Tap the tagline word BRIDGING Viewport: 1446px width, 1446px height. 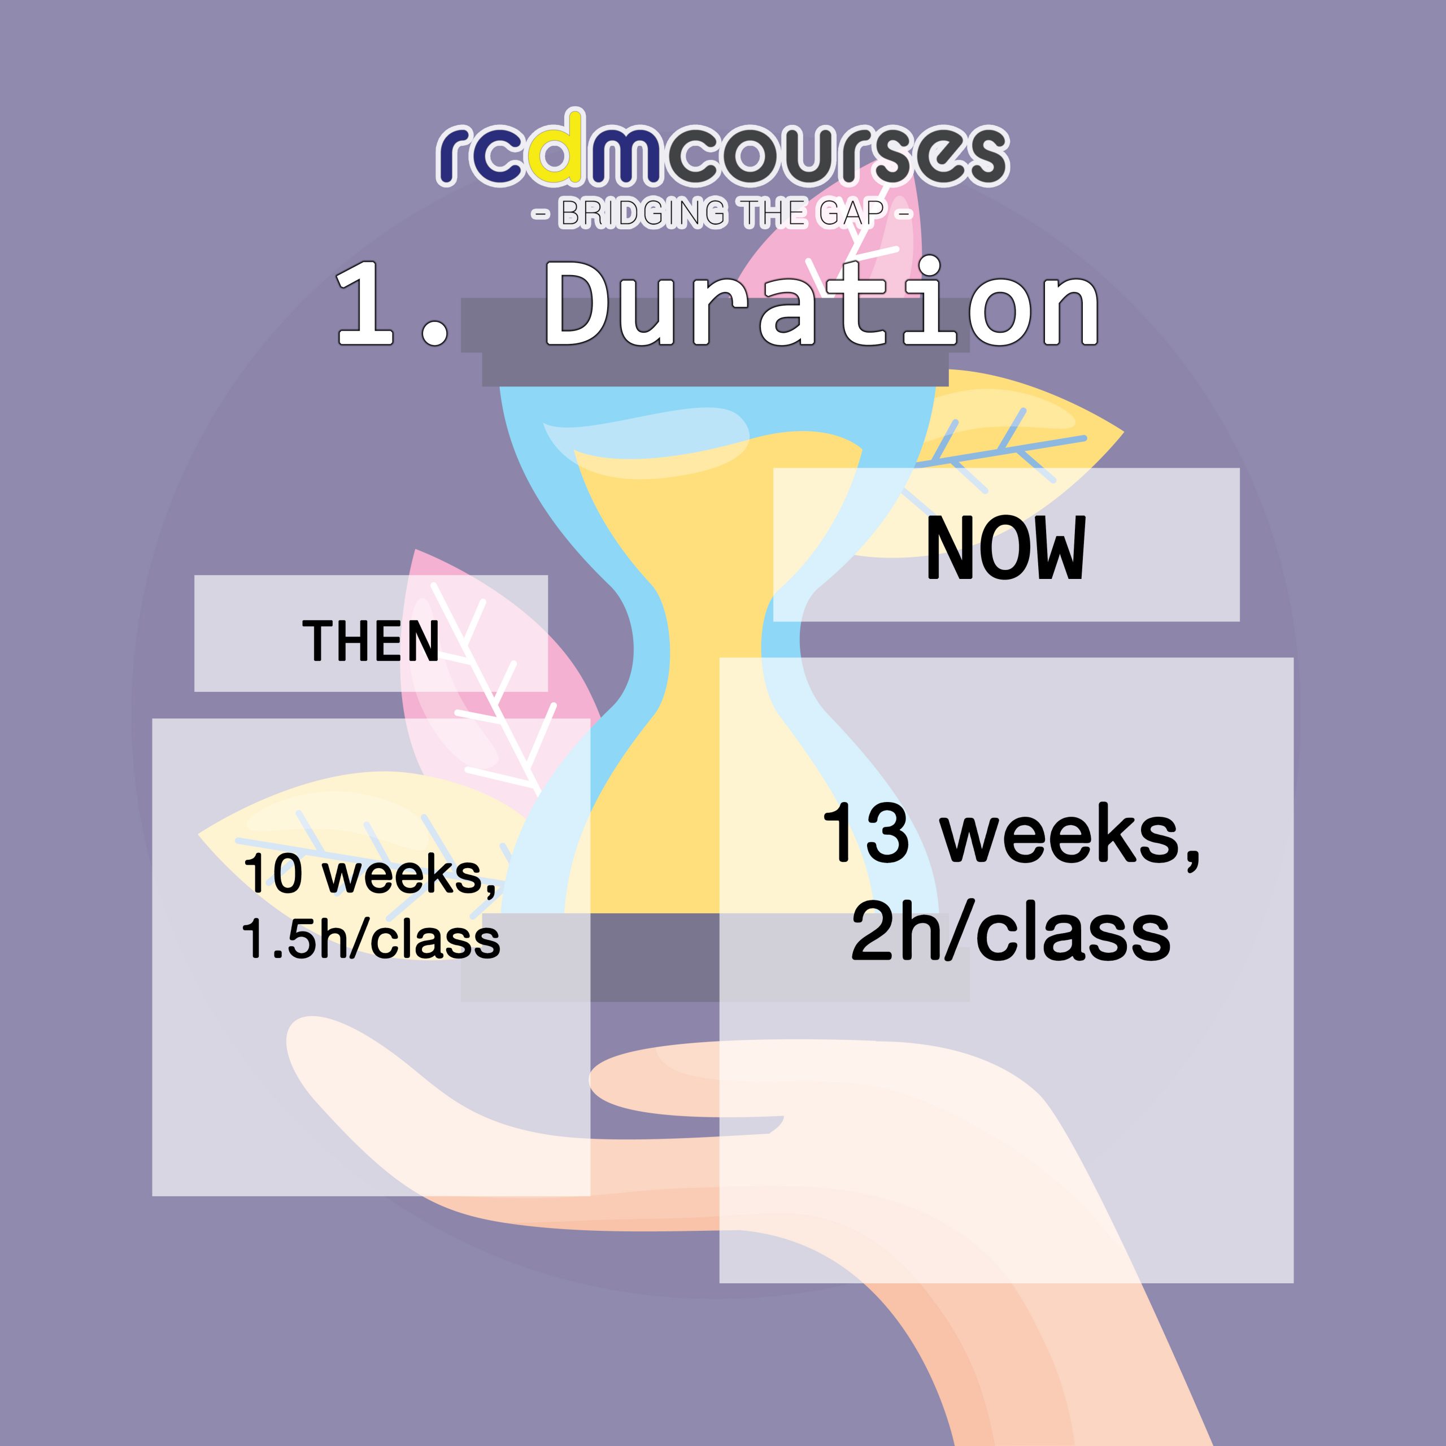(643, 214)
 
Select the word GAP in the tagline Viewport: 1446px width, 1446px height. (851, 214)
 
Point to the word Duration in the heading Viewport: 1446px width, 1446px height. (822, 301)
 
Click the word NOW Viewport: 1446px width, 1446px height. (1005, 548)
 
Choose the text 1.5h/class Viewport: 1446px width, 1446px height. (371, 939)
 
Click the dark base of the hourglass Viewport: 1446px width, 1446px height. (715, 956)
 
